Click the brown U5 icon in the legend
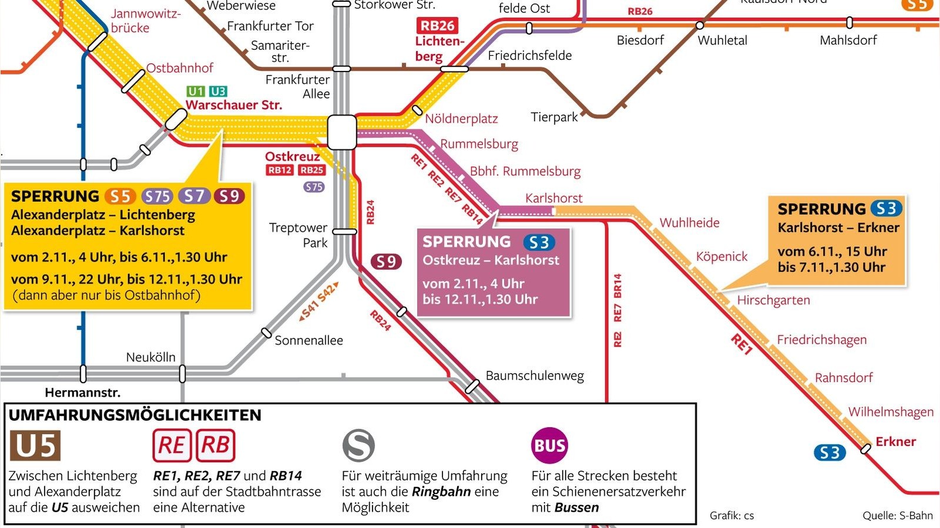tap(35, 446)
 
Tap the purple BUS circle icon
tap(549, 446)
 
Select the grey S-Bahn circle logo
tap(358, 445)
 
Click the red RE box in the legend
tap(172, 446)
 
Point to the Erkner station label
tap(895, 442)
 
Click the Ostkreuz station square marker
tap(342, 132)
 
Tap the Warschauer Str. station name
tap(234, 105)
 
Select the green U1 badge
tap(196, 92)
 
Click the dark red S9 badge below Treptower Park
tap(386, 262)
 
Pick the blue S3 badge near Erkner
tap(830, 453)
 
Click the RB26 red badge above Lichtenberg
tap(438, 26)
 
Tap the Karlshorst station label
tap(553, 198)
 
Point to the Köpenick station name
tap(721, 257)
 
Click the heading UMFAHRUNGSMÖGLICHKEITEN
tap(135, 415)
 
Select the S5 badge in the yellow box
tap(120, 197)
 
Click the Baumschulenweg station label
tap(535, 375)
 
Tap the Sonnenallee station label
tap(308, 340)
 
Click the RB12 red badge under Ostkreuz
tap(280, 170)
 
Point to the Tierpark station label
tap(554, 117)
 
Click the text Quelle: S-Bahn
tap(897, 516)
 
